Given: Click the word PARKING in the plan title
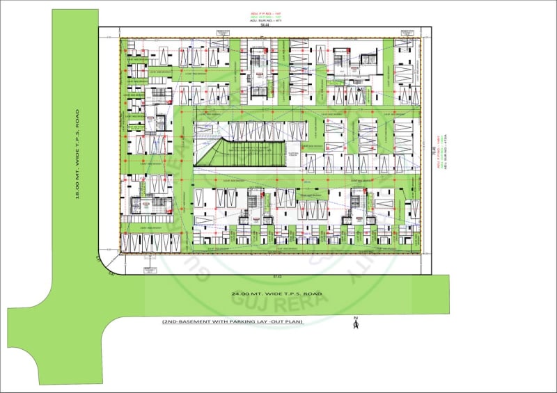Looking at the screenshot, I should [x=234, y=321].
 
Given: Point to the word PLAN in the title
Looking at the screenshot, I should [x=295, y=321].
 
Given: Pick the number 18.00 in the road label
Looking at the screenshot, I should [x=79, y=188].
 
